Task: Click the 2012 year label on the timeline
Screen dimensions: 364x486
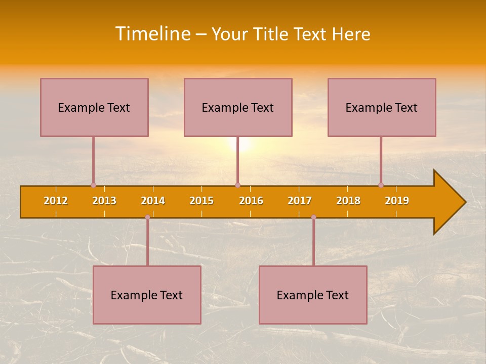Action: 56,201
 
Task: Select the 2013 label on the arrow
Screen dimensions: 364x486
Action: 104,201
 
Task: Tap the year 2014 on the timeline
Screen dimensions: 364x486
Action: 153,201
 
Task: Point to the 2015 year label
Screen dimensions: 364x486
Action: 201,201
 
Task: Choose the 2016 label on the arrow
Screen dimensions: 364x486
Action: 251,201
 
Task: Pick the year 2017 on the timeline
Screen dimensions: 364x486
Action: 300,201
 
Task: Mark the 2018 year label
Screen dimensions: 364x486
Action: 348,201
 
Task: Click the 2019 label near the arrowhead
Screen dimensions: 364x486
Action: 397,201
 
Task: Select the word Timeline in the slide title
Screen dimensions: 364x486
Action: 153,34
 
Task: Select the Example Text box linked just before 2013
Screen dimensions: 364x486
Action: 94,107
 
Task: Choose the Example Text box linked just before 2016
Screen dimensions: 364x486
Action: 238,107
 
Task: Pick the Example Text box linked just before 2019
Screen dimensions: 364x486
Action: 382,107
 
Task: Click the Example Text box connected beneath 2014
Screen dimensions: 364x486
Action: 147,295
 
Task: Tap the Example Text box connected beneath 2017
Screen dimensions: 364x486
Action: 313,295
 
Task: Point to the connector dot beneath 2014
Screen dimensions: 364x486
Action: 147,217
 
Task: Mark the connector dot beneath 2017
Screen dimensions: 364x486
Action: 313,217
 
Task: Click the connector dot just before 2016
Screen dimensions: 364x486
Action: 237,185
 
